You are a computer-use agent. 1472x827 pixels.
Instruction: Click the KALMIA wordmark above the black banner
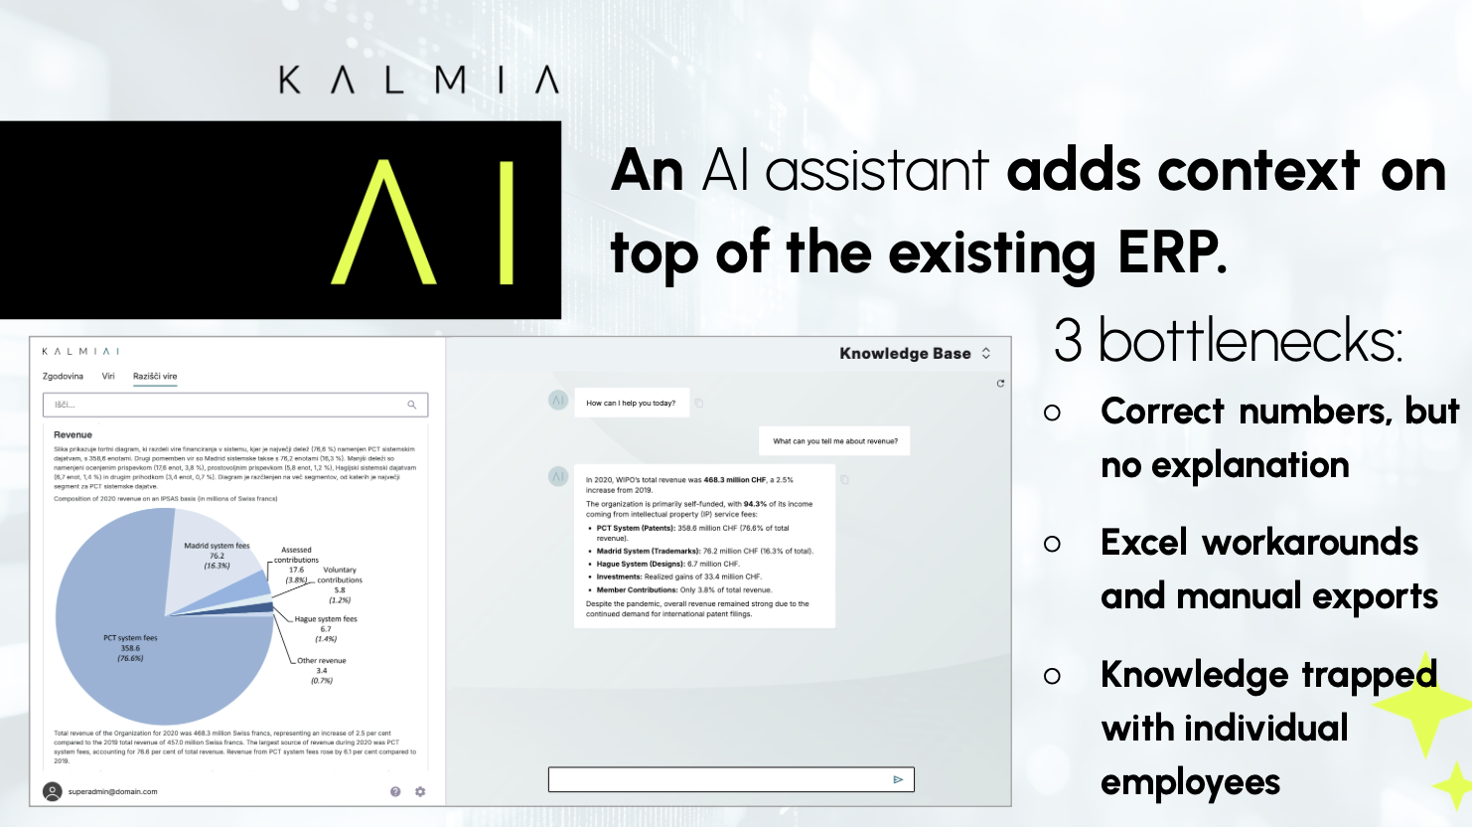tap(418, 80)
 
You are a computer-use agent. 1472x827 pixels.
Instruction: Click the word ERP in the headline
tap(1172, 252)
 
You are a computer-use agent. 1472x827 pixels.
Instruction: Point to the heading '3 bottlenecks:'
tap(1228, 341)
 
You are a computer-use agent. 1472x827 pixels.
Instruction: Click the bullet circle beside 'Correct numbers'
tap(1053, 413)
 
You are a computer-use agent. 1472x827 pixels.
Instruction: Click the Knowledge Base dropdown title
tap(905, 354)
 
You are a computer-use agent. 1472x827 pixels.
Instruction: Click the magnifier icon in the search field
tap(412, 405)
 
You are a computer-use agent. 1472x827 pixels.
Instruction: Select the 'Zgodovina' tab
tap(63, 377)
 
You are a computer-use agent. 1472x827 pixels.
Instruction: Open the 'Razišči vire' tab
tap(155, 377)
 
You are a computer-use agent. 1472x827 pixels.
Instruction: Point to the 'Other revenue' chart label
tap(321, 661)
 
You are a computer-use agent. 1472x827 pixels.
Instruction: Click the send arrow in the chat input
tap(898, 779)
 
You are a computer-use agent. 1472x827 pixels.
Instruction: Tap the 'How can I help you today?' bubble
tap(631, 403)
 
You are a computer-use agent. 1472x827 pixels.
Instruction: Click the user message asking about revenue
tap(835, 441)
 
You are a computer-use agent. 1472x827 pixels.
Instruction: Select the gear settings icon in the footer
tap(420, 791)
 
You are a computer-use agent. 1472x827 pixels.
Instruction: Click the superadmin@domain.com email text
tap(113, 792)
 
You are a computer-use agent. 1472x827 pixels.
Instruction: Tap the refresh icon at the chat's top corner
tap(1000, 383)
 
